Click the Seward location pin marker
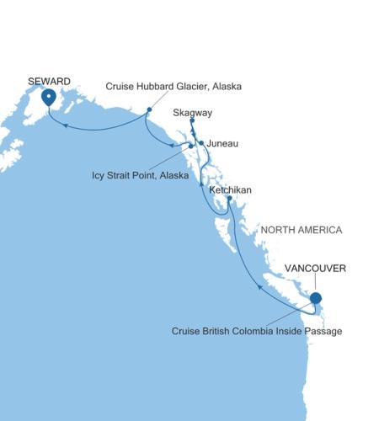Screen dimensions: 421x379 [49, 98]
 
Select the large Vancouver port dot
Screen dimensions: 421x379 [315, 297]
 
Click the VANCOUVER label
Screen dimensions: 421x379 [316, 269]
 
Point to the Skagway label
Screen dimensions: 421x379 [191, 111]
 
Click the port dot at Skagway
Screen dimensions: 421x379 [192, 121]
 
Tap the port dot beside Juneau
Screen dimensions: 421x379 [200, 142]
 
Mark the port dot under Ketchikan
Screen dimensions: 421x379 [229, 199]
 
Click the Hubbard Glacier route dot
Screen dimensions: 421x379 [148, 109]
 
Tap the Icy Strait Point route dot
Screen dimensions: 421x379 [191, 147]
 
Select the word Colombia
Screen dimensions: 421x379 [254, 332]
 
